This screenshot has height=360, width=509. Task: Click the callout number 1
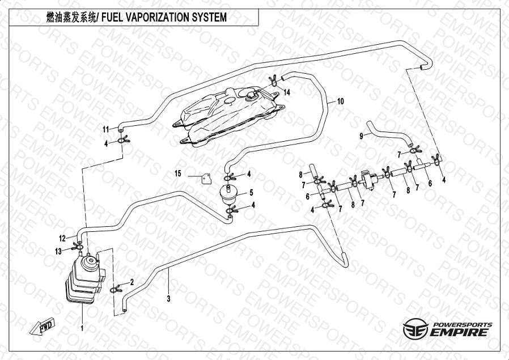click(82, 327)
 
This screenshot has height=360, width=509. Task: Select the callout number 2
click(132, 281)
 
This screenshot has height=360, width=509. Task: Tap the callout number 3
click(168, 298)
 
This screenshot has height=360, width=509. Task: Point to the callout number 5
click(251, 193)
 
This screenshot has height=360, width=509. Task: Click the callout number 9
click(361, 136)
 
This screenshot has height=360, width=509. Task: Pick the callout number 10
click(340, 101)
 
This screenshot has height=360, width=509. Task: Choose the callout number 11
click(105, 130)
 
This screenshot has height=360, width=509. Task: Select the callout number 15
click(177, 173)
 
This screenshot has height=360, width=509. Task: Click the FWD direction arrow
click(44, 327)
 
